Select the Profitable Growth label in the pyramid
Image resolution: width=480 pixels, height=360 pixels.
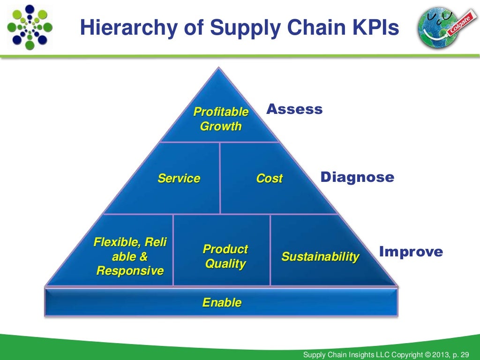point(221,119)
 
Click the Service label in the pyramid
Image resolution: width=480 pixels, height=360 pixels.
point(179,178)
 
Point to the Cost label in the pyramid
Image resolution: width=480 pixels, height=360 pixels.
point(269,178)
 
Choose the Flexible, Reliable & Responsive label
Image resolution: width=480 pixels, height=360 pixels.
point(130,256)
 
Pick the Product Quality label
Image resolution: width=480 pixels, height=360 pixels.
point(225,256)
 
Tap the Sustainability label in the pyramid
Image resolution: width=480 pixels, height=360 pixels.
point(320,256)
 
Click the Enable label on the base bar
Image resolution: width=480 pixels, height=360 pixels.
point(222,302)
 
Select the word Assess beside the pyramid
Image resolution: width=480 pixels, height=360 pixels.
point(294,109)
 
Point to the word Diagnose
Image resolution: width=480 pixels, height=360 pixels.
point(357,177)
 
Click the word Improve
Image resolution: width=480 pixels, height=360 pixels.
point(411,252)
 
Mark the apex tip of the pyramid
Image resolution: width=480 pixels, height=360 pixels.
point(217,68)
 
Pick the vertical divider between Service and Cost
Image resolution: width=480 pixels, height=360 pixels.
point(220,178)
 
